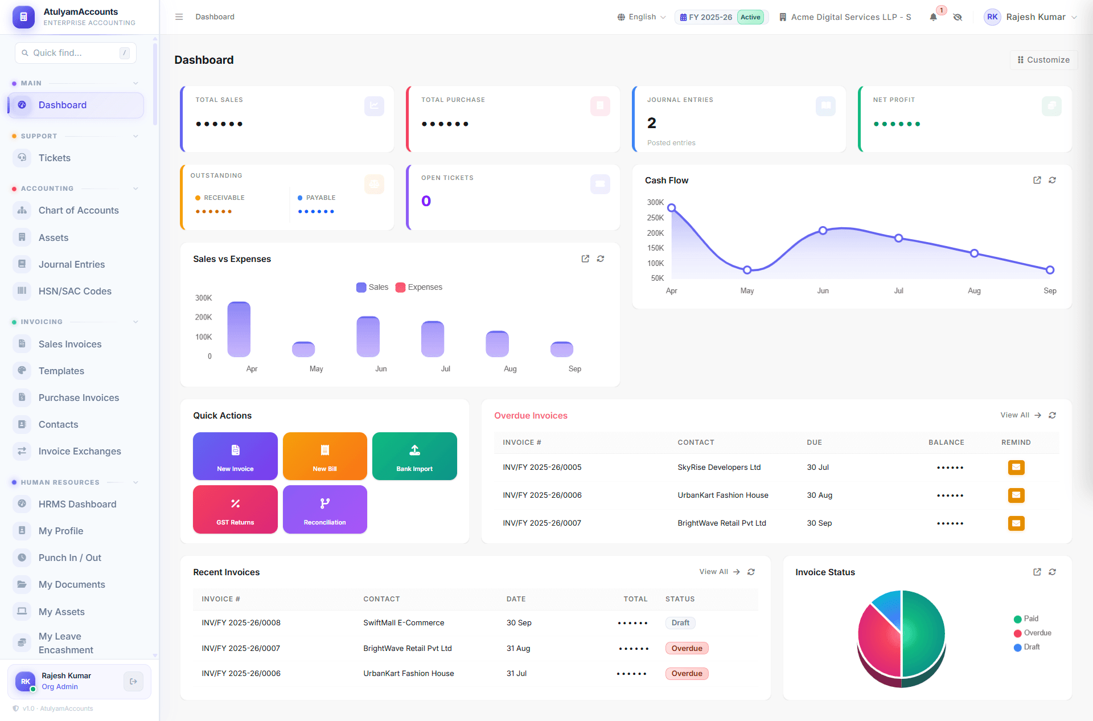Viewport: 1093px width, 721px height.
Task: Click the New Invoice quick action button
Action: tap(235, 456)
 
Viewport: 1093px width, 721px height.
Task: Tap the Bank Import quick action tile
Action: tap(414, 456)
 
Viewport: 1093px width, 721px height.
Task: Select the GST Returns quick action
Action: tap(235, 509)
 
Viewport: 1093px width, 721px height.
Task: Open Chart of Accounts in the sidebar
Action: tap(79, 210)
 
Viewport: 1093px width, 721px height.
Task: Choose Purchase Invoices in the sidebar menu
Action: tap(79, 398)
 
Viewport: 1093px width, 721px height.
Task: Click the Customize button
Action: tap(1043, 60)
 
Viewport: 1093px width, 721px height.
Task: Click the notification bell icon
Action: tap(933, 17)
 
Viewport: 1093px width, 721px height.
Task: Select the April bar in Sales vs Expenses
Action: tap(239, 329)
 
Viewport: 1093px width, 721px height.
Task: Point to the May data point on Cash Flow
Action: tap(747, 270)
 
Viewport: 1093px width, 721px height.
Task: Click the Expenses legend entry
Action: tap(419, 287)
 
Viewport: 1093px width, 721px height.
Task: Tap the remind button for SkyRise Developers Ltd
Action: tap(1016, 468)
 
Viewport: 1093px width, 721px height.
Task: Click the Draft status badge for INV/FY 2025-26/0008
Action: tap(680, 623)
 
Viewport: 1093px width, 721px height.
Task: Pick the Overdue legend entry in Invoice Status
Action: tap(1033, 633)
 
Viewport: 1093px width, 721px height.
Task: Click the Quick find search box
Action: tap(76, 53)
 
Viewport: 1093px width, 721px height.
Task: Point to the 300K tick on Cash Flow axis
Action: tap(655, 202)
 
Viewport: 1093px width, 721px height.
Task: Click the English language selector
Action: tap(642, 17)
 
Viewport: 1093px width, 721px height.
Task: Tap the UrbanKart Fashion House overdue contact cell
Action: tap(723, 495)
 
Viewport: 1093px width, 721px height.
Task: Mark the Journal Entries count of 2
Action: tap(652, 123)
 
